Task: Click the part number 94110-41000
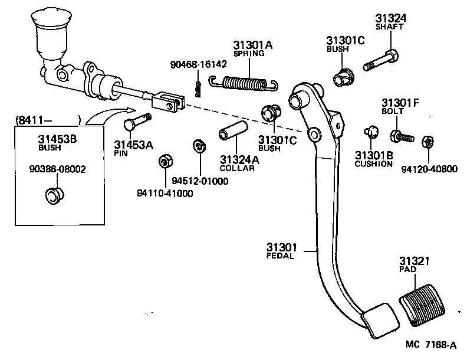pos(165,193)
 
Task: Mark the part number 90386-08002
pos(57,169)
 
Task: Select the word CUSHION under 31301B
pos(373,164)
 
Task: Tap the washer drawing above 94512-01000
pos(199,146)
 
